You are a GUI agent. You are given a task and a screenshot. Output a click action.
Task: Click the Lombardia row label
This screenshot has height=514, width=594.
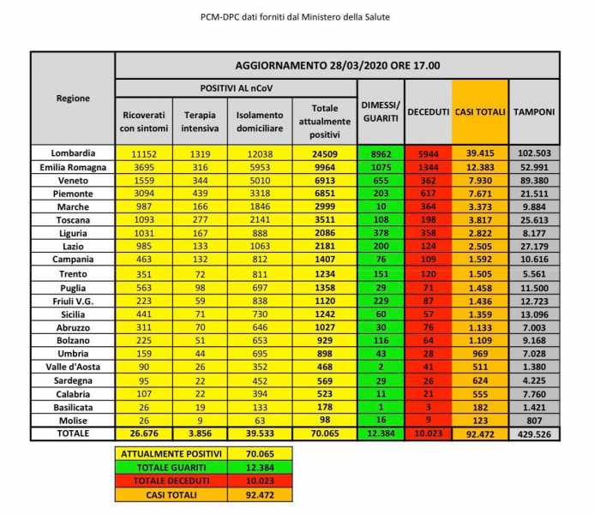(x=73, y=152)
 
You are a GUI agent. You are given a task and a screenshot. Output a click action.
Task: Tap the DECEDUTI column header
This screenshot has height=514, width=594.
(x=429, y=112)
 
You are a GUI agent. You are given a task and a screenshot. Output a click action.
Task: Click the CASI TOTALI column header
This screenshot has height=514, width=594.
(x=480, y=112)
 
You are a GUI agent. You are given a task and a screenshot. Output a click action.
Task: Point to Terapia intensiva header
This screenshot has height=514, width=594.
(x=198, y=122)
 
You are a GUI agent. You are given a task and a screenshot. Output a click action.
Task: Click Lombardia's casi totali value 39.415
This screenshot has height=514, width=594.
(x=480, y=152)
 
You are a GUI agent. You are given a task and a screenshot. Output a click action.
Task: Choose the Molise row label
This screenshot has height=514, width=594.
(x=73, y=421)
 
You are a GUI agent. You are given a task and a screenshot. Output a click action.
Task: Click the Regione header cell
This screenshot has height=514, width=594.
(x=73, y=98)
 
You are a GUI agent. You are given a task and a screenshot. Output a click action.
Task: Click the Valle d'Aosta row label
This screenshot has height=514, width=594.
(x=73, y=379)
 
